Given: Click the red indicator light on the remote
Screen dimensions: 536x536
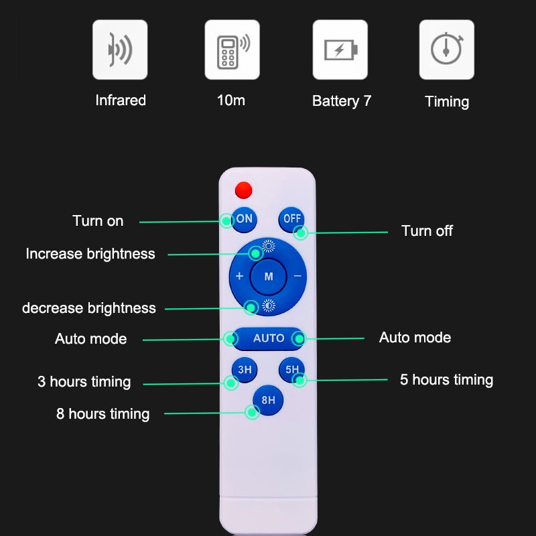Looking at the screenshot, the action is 244,190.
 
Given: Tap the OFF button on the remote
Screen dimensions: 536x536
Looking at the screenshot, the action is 291,220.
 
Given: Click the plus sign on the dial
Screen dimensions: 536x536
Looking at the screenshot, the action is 239,276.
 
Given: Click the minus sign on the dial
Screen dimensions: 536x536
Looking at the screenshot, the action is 297,276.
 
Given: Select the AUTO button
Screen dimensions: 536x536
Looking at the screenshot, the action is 269,338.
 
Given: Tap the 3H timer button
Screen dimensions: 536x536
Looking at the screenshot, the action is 245,370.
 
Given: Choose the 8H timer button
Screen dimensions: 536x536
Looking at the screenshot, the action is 268,400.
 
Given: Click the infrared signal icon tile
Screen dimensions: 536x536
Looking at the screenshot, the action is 120,50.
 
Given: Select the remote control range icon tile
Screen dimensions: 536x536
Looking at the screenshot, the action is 232,50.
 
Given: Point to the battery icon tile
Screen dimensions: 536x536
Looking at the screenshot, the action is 340,50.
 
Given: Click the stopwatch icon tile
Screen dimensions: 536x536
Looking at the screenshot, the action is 447,50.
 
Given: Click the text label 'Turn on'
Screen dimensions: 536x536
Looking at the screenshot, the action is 98,221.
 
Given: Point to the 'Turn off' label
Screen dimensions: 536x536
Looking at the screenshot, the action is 427,230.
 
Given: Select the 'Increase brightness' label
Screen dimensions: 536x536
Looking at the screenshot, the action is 90,254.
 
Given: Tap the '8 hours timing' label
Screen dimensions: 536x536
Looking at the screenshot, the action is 103,413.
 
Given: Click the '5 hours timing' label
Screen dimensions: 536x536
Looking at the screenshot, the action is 446,380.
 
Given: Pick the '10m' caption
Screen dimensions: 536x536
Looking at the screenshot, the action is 231,100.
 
